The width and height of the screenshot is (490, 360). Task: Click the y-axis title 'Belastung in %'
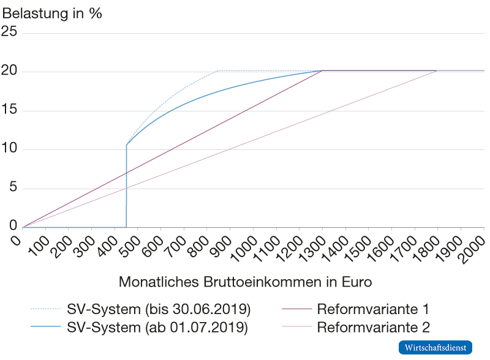tap(52, 13)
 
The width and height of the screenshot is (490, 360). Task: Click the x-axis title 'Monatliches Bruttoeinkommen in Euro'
tap(245, 282)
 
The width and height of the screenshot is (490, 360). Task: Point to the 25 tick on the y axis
tap(10, 33)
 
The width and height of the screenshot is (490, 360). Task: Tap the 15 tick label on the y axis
tap(10, 111)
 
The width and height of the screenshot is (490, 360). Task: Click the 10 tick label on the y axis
tap(10, 149)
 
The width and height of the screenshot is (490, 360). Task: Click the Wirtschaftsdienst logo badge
tap(435, 347)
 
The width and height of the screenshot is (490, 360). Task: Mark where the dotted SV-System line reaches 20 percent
tap(219, 71)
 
